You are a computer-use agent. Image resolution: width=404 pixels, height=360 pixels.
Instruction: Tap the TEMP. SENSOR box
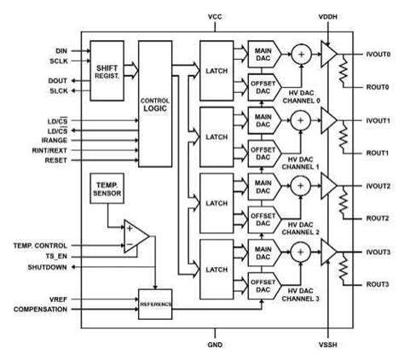(x=107, y=191)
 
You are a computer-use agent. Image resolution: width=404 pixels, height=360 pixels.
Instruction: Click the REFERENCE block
(x=155, y=304)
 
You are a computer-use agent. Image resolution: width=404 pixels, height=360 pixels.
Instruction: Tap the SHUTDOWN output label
(x=46, y=269)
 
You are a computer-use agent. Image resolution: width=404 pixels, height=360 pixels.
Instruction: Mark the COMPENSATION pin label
(x=40, y=309)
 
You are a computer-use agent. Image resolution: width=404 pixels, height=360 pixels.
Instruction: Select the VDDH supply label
(x=327, y=16)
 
